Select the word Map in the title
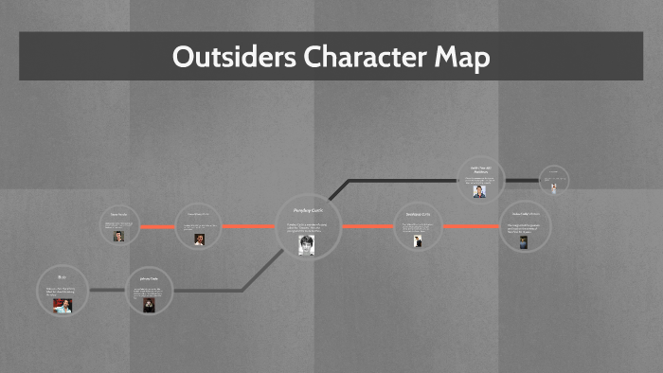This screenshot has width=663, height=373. [x=464, y=57]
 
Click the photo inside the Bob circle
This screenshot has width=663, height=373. [x=63, y=305]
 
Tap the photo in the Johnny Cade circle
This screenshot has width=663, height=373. [x=148, y=305]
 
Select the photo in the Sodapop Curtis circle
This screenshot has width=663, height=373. [x=417, y=241]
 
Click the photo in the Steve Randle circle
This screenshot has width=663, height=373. [x=118, y=236]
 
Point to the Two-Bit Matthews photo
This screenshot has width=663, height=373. [x=480, y=190]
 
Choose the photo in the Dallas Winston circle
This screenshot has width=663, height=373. [x=521, y=241]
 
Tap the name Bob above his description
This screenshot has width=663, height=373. [x=63, y=277]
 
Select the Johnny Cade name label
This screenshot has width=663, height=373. [x=150, y=279]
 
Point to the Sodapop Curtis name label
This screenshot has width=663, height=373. [x=418, y=214]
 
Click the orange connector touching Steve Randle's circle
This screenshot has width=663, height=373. [x=157, y=227]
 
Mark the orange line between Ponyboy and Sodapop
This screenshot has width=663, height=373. [x=367, y=227]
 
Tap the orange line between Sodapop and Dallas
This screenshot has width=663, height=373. [x=470, y=227]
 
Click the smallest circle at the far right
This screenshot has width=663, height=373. [x=554, y=180]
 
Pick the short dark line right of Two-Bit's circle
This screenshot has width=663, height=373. [x=522, y=180]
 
